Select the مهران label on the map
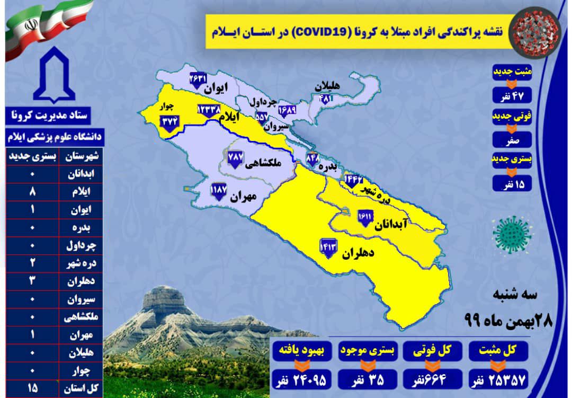pyautogui.click(x=243, y=197)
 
